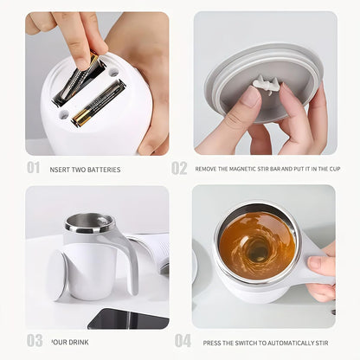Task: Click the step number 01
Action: (33, 167)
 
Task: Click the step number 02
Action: (179, 167)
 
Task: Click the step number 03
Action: (34, 340)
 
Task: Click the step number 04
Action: (182, 340)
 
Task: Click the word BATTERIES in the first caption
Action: (105, 170)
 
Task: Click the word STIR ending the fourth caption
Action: (325, 342)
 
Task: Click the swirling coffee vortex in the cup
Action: (257, 247)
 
